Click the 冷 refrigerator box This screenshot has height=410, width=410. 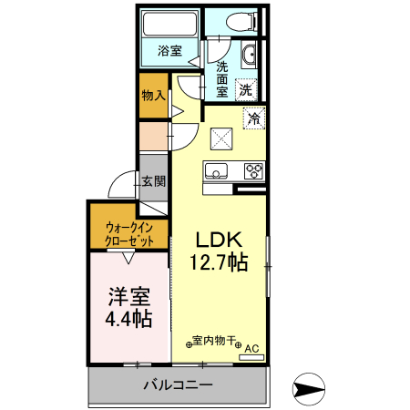254,118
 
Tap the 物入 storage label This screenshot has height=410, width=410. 153,95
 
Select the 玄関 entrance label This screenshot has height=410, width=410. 153,181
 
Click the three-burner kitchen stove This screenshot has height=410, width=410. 252,170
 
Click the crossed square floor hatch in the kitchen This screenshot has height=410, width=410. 222,139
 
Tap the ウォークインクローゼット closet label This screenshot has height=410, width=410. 128,233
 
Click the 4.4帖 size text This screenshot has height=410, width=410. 128,320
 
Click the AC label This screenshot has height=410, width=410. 251,347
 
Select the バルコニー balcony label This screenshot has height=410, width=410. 178,385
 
